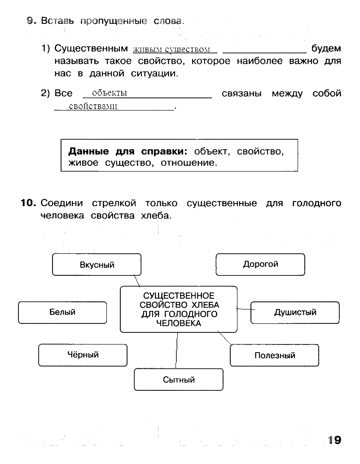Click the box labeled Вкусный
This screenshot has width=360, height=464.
click(x=97, y=265)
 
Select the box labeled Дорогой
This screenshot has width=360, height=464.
click(x=260, y=265)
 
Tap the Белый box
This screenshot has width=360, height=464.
click(x=62, y=313)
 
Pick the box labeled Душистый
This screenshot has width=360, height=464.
click(x=295, y=313)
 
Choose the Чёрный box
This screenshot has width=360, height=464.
click(x=83, y=355)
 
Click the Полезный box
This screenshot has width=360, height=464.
click(x=275, y=355)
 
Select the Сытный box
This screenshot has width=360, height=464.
click(x=179, y=380)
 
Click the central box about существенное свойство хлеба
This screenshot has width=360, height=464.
click(x=179, y=309)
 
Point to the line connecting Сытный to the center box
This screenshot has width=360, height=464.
click(x=176, y=351)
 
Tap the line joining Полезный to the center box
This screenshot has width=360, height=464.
click(x=224, y=338)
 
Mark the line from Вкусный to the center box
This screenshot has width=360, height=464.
click(x=136, y=281)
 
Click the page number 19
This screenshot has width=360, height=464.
click(x=334, y=440)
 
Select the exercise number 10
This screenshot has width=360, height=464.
click(x=28, y=203)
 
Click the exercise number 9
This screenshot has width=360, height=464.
click(x=31, y=20)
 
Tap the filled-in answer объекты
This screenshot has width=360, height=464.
click(x=110, y=93)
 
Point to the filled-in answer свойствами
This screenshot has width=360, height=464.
click(x=93, y=106)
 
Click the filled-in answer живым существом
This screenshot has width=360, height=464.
click(x=171, y=49)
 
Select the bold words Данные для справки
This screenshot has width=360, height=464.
click(x=128, y=151)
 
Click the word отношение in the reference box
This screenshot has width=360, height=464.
click(x=189, y=163)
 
